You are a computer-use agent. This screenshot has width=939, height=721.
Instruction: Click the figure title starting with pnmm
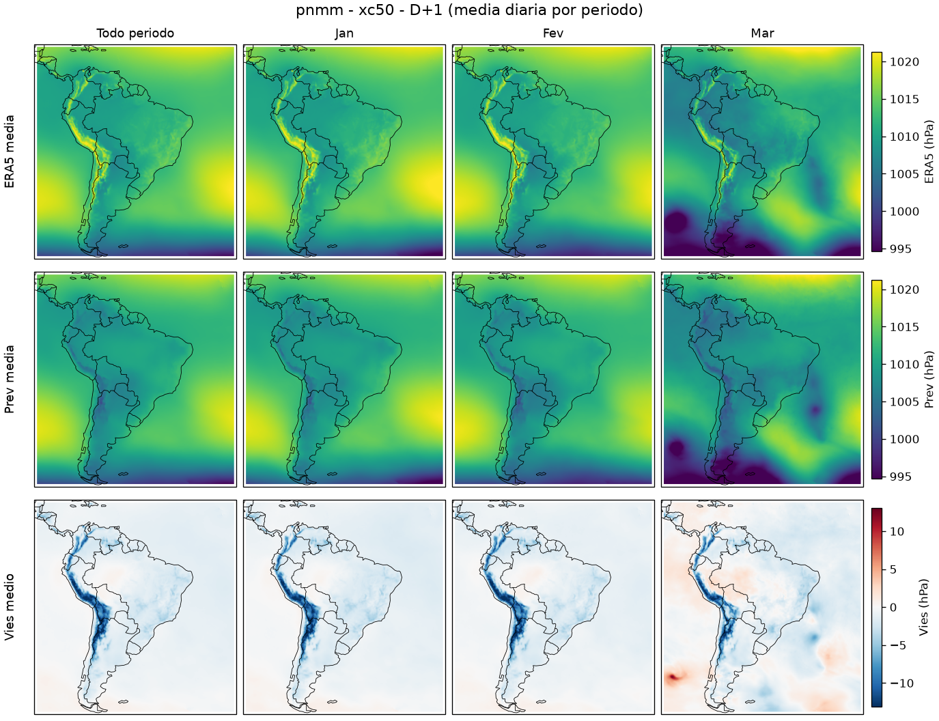pyautogui.click(x=469, y=10)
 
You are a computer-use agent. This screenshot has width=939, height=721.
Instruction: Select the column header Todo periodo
pyautogui.click(x=135, y=33)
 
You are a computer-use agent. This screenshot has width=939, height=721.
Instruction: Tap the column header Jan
pyautogui.click(x=344, y=33)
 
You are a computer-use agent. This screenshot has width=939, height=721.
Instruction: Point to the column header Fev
pyautogui.click(x=553, y=33)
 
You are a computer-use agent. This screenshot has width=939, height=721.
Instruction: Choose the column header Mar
pyautogui.click(x=762, y=33)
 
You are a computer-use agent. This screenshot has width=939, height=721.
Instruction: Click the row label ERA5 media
pyautogui.click(x=10, y=151)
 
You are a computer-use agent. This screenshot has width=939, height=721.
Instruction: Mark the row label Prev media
pyautogui.click(x=10, y=379)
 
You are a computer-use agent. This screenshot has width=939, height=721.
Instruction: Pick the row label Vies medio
pyautogui.click(x=10, y=606)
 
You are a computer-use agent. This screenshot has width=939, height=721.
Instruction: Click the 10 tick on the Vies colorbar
pyautogui.click(x=897, y=531)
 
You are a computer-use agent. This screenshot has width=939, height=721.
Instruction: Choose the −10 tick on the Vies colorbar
pyautogui.click(x=900, y=683)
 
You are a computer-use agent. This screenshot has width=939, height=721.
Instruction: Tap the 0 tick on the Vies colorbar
pyautogui.click(x=893, y=608)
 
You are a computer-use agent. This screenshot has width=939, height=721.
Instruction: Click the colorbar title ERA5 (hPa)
pyautogui.click(x=929, y=151)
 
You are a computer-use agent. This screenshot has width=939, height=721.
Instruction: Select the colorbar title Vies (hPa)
pyautogui.click(x=923, y=607)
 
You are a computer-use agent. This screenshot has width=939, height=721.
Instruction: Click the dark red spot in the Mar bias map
pyautogui.click(x=672, y=677)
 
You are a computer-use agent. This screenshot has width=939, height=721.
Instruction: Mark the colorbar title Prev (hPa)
pyautogui.click(x=929, y=380)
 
